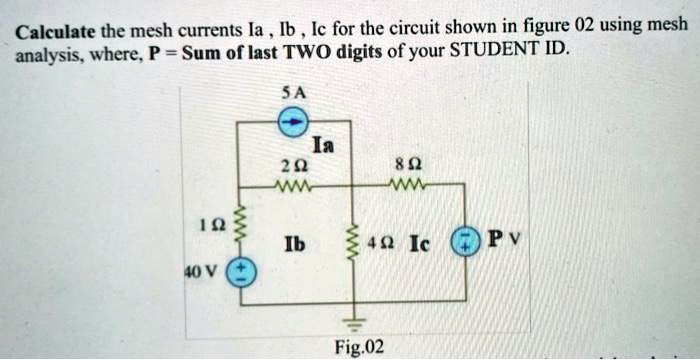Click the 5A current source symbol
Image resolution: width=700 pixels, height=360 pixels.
click(292, 123)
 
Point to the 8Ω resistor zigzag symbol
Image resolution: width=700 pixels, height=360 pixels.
click(411, 184)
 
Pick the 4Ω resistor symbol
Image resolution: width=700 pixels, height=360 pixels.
click(348, 241)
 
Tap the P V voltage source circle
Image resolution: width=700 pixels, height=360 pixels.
click(466, 241)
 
